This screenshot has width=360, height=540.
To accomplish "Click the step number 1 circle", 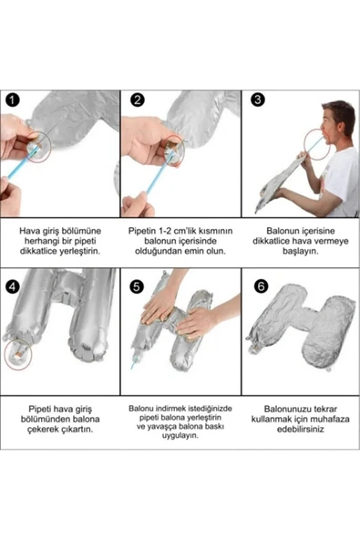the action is pos(13,100).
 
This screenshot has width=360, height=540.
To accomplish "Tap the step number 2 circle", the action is pos(138,100).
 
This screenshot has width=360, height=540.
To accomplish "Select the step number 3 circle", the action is pos(258,99).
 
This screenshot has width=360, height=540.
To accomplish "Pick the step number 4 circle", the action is pos(13,286).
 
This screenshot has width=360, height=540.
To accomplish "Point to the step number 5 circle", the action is pos(137,286).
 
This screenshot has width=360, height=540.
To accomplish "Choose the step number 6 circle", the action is pos(261,286).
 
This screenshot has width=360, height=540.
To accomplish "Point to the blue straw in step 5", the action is pos(134,362).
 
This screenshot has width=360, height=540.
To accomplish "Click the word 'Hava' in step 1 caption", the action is pos(28,231).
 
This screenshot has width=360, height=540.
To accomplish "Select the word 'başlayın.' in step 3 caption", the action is pos(301,251).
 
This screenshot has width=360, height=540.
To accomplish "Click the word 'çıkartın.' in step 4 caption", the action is pos(77,430).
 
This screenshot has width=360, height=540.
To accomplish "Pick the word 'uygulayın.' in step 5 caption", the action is pos(180,436).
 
